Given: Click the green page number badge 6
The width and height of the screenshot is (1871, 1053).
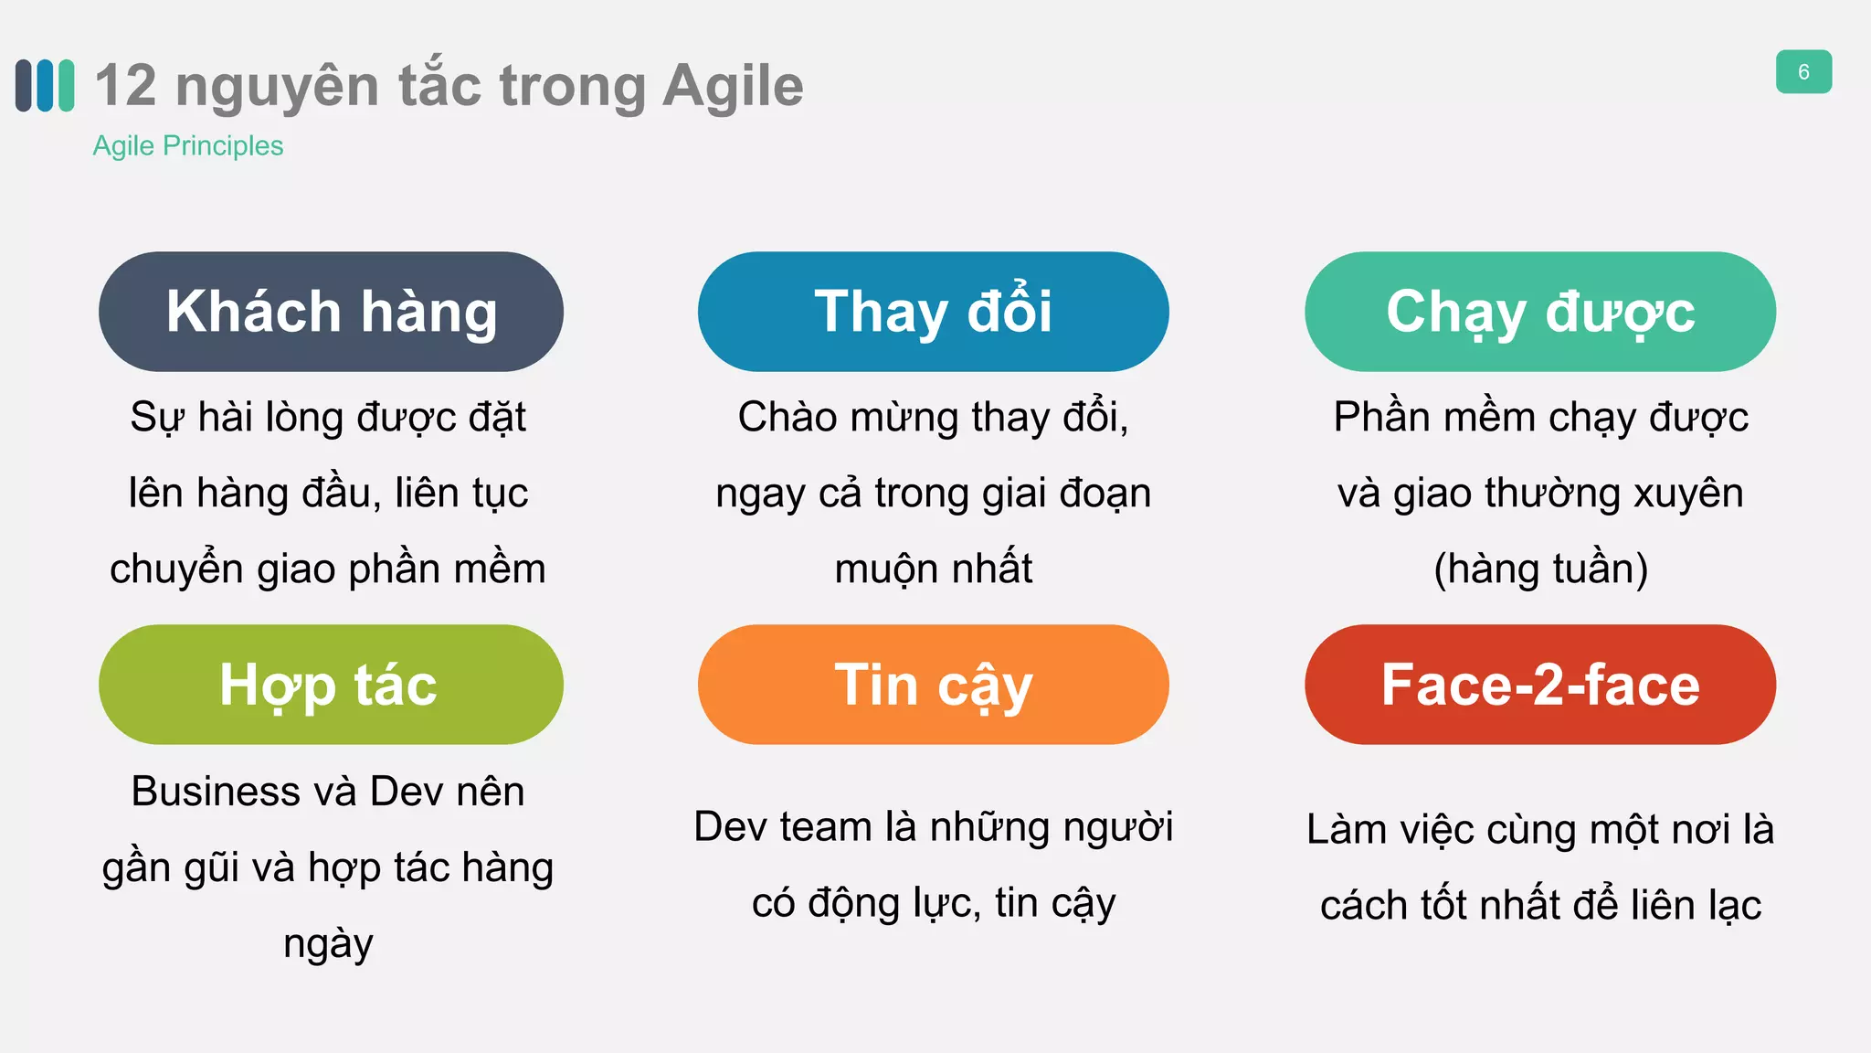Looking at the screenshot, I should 1802,72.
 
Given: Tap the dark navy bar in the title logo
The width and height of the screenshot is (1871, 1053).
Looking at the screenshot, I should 24,86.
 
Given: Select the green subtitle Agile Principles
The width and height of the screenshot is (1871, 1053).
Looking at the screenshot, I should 188,146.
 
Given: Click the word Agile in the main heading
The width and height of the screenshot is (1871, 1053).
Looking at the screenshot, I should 733,87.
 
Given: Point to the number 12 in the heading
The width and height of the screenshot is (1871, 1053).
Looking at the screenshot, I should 126,86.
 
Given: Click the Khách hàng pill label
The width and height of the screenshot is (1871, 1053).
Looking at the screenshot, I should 331,312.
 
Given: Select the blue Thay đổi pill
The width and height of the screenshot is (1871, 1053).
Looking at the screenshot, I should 933,312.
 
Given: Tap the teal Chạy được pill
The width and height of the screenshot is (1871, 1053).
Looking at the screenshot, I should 1539,312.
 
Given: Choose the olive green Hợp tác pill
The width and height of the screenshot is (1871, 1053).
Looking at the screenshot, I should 331,685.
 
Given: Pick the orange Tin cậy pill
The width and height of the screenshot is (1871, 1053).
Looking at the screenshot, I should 933,685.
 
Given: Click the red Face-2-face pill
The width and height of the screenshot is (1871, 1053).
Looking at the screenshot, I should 1539,685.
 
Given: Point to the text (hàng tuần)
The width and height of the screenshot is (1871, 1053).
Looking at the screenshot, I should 1540,569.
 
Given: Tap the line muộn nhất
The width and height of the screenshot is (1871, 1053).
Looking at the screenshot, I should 933,569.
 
